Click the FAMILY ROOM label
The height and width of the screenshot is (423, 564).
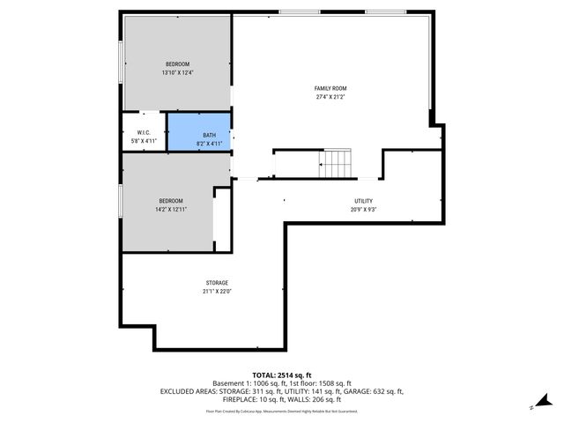(330, 88)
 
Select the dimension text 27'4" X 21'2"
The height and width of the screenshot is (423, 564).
(330, 97)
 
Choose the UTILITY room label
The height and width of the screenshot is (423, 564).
(363, 201)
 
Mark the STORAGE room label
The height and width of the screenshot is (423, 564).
(217, 283)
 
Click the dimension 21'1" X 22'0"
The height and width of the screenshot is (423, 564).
(217, 292)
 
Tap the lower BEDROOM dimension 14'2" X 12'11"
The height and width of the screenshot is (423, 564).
(171, 210)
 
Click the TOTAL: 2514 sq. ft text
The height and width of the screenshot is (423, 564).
(282, 375)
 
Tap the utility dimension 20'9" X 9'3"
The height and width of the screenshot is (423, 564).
(363, 210)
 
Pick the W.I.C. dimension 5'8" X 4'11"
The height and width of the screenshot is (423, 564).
(142, 140)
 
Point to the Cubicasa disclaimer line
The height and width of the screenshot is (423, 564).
(282, 411)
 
